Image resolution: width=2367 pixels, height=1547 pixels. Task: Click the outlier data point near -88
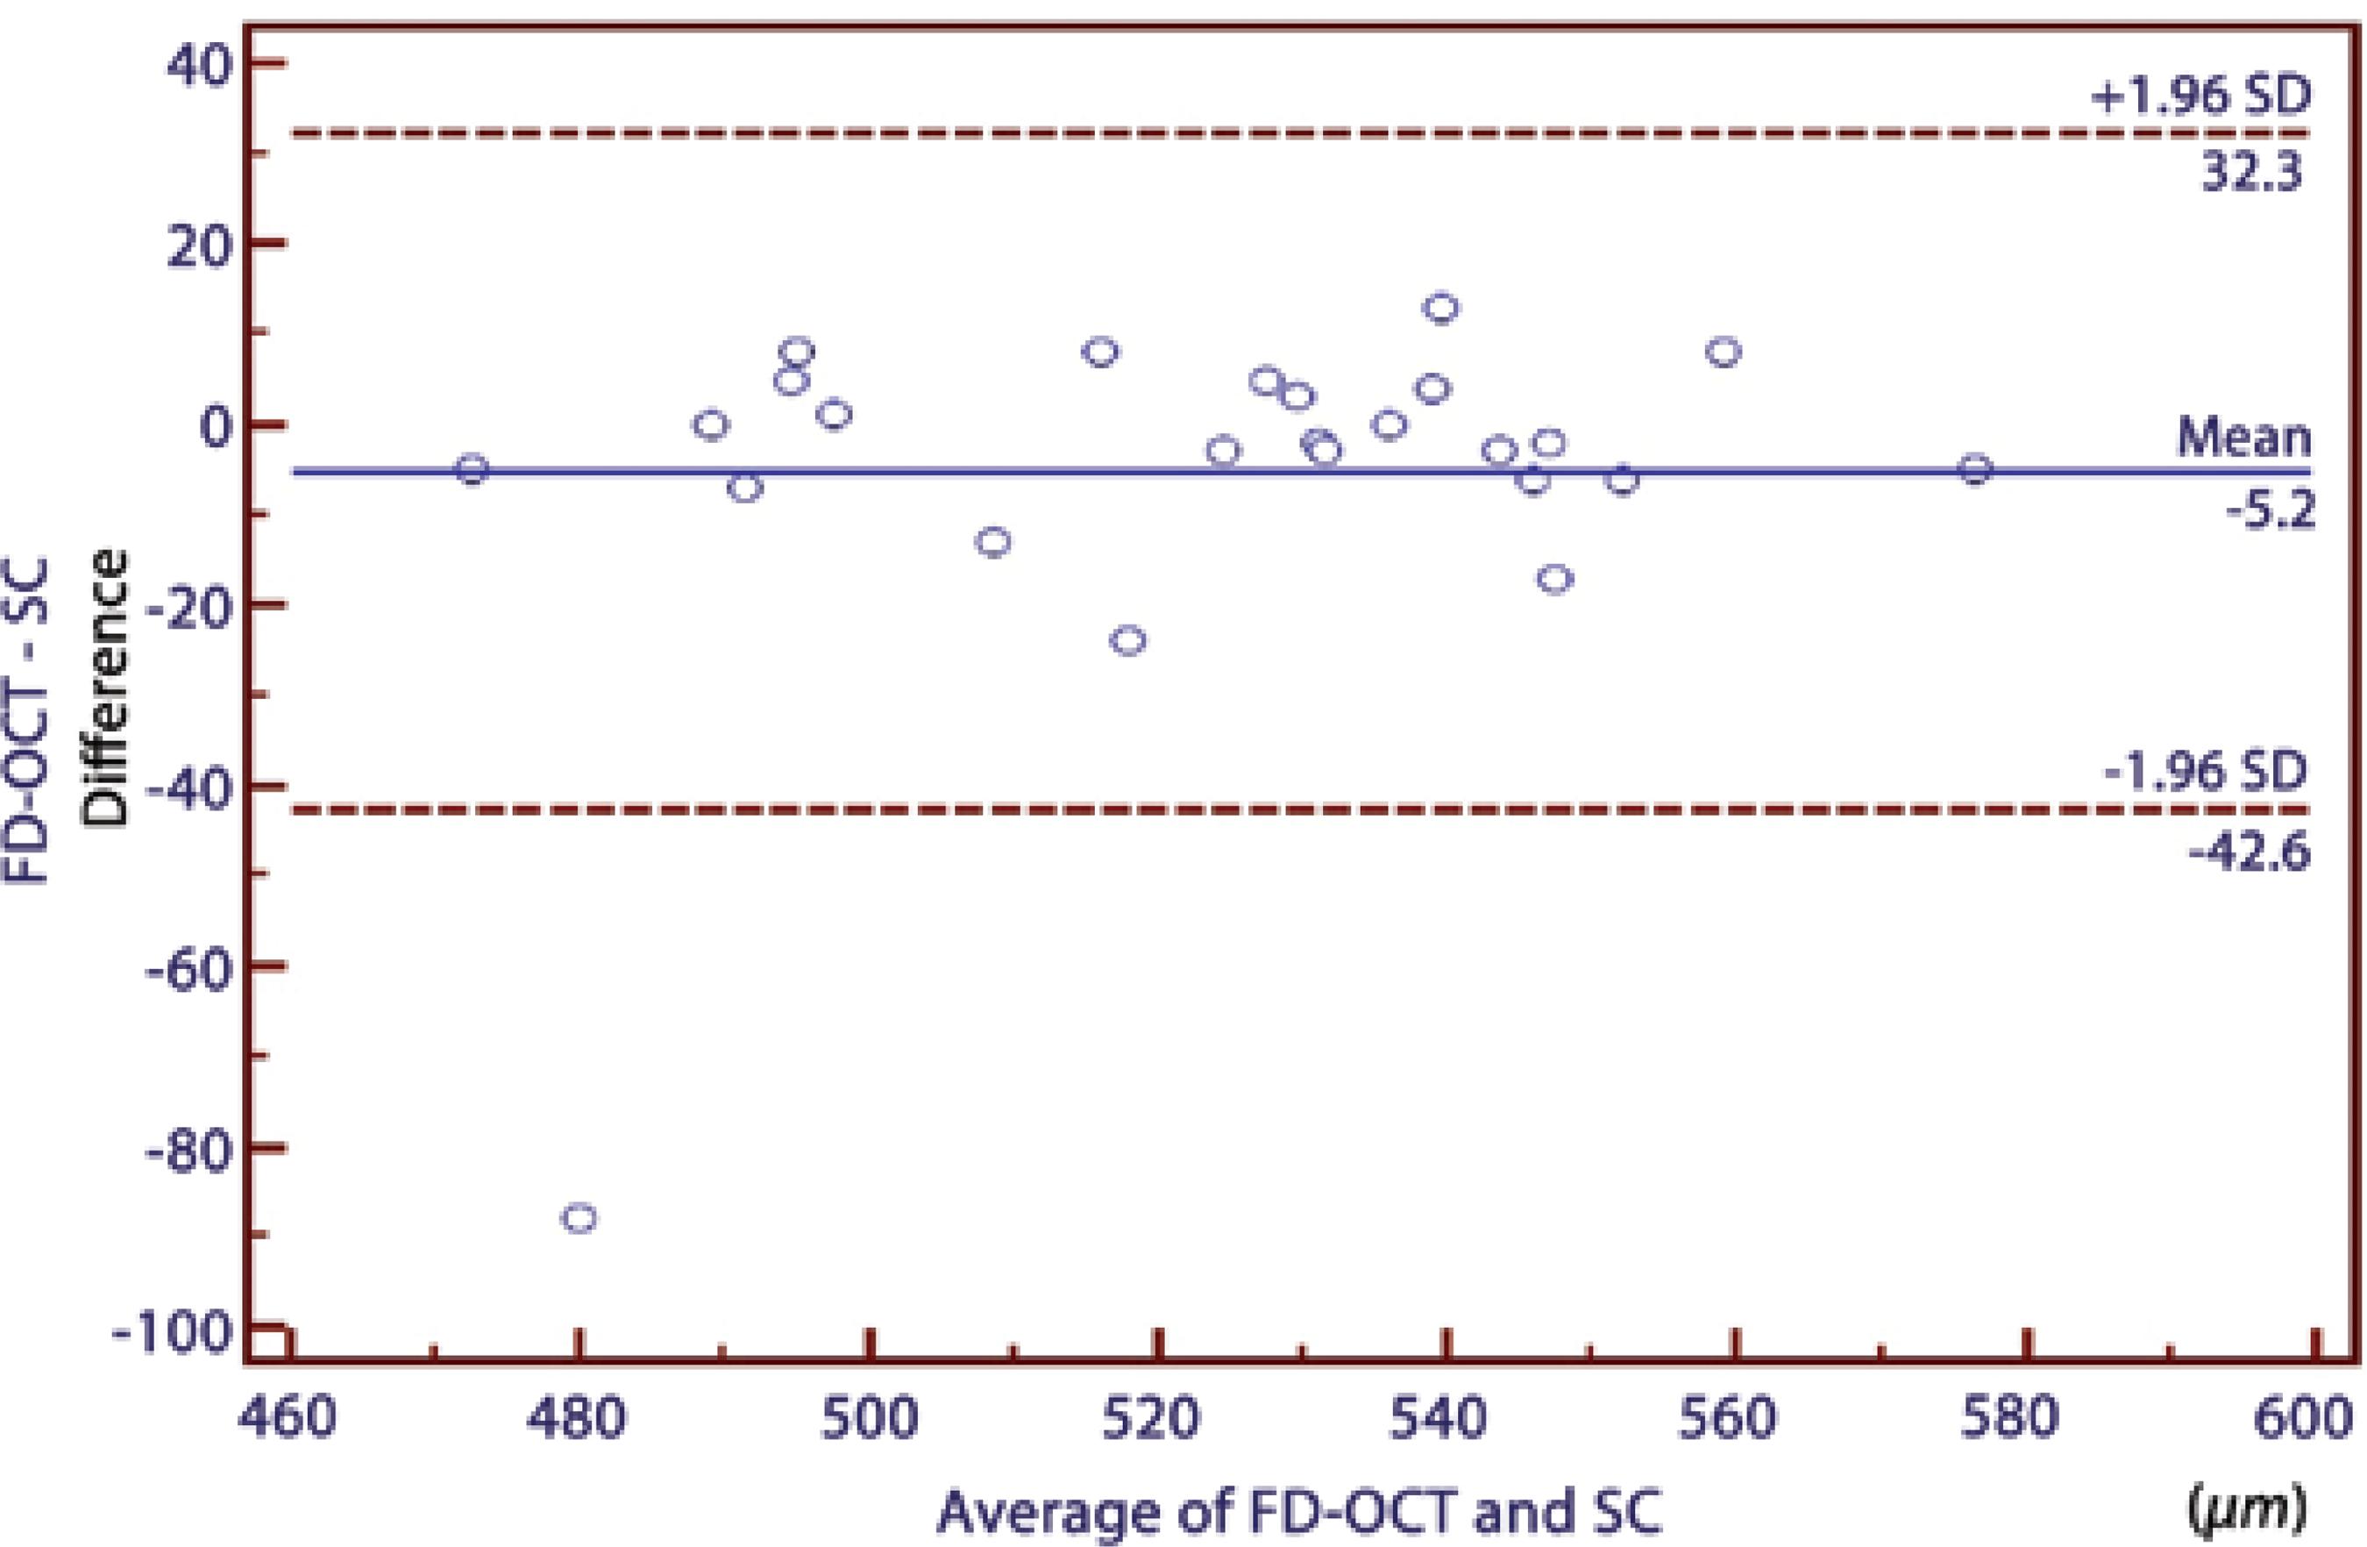[579, 1218]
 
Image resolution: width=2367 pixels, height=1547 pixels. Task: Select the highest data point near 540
[1441, 309]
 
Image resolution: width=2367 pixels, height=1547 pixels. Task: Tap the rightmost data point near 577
[1975, 469]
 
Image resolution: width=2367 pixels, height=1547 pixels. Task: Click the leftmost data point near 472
[472, 469]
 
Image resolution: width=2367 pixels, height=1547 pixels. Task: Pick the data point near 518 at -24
[1127, 639]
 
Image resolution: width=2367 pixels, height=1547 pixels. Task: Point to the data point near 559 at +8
[1724, 353]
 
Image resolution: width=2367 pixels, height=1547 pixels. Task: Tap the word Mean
[2243, 438]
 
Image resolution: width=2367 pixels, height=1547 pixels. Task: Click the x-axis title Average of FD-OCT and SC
[1299, 1512]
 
